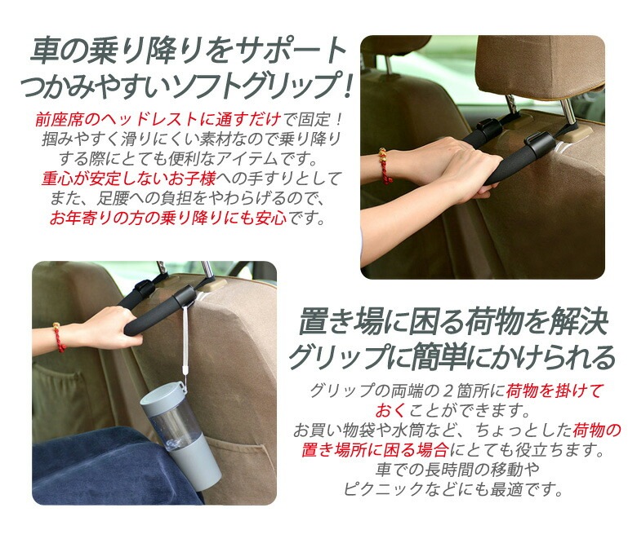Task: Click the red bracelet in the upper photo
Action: click(384, 166)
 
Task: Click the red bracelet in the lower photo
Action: click(59, 338)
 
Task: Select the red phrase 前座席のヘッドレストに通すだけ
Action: click(158, 120)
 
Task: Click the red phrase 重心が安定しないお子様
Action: click(129, 179)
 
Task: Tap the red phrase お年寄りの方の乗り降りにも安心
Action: click(168, 219)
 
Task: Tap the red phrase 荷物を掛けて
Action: click(554, 391)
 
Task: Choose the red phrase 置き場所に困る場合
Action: click(375, 450)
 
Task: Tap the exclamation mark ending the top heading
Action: click(346, 86)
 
